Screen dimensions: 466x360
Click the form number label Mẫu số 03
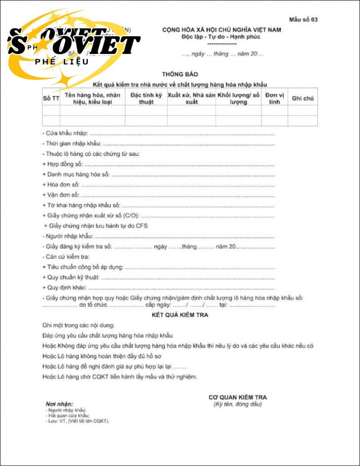(x=304, y=19)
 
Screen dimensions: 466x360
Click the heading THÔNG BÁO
(x=180, y=74)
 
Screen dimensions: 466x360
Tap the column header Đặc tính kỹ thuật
(x=146, y=99)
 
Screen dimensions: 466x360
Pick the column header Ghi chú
(x=302, y=99)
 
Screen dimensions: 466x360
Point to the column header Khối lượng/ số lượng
(x=238, y=99)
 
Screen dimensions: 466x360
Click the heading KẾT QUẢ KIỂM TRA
(x=180, y=315)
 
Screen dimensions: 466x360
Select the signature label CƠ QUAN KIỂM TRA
(x=238, y=397)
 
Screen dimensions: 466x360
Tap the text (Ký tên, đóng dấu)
(x=238, y=404)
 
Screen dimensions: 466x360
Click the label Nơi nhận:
(x=59, y=404)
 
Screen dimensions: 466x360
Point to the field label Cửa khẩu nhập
(x=65, y=134)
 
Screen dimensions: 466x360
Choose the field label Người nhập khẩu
(x=67, y=236)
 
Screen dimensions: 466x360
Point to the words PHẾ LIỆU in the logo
(x=62, y=62)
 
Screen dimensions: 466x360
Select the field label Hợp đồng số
(x=63, y=164)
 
